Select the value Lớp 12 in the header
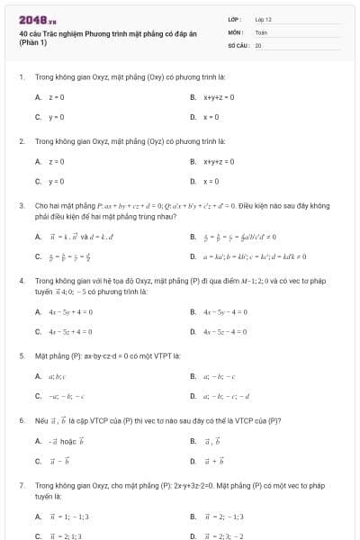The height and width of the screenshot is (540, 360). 263,19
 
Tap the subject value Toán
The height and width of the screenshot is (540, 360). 261,31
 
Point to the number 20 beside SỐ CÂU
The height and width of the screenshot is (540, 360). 258,44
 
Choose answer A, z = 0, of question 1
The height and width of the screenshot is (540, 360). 56,96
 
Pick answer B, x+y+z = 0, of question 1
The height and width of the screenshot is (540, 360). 219,96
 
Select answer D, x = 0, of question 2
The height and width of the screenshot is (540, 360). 214,182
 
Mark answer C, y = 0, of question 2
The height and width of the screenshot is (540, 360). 56,182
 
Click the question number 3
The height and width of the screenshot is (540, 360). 21,205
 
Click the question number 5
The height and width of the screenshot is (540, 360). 21,355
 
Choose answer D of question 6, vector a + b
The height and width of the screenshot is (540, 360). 213,461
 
